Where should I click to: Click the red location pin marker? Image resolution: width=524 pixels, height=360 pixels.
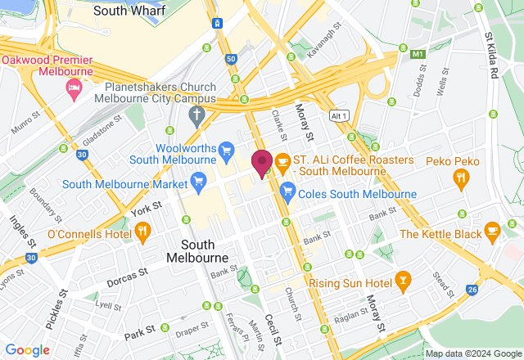[x=262, y=164]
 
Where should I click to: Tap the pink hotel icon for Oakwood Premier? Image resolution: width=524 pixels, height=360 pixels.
[x=75, y=88]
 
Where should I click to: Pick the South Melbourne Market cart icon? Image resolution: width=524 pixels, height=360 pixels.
[x=197, y=179]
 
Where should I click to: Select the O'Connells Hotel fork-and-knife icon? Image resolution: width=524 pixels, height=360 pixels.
[x=142, y=232]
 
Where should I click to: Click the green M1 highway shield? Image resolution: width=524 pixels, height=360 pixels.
[x=419, y=55]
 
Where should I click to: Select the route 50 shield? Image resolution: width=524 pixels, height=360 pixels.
[x=232, y=59]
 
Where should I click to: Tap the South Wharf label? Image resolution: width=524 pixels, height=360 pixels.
[x=129, y=11]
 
